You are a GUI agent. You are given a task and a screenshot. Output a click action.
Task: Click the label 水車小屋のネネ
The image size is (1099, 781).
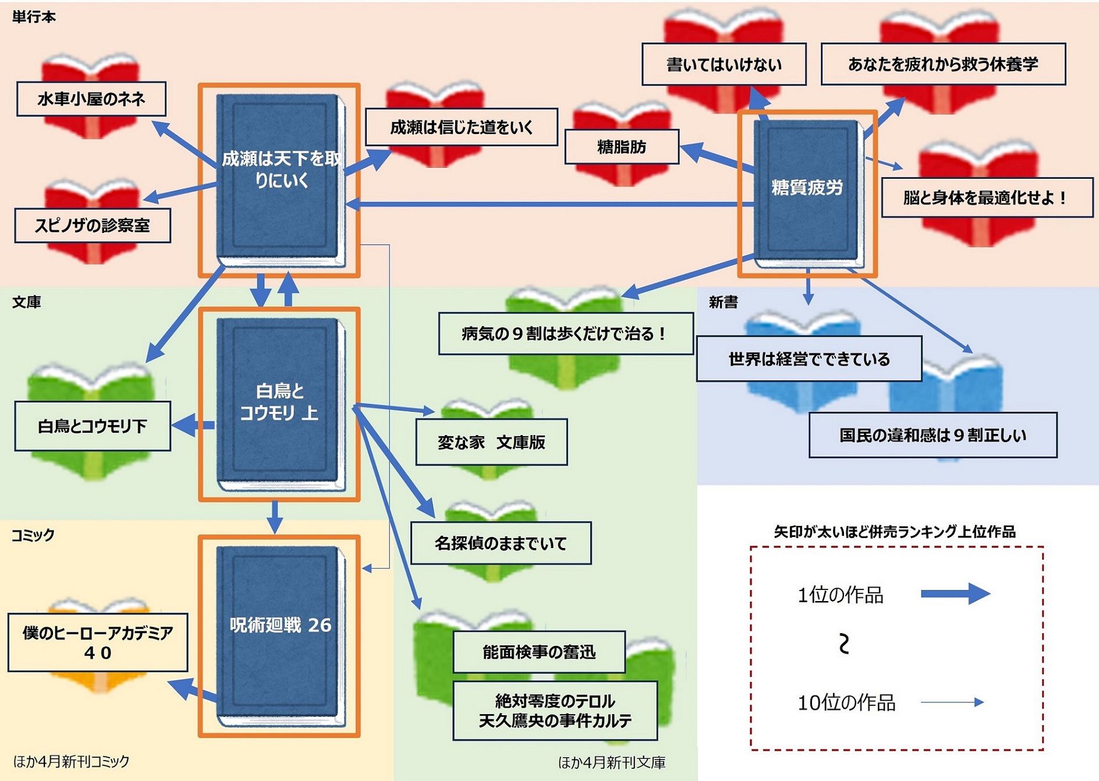pyautogui.click(x=91, y=99)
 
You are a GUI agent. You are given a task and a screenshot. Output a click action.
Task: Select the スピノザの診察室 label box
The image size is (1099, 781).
pyautogui.click(x=93, y=225)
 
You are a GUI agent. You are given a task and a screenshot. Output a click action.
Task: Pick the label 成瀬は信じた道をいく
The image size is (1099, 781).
pyautogui.click(x=461, y=127)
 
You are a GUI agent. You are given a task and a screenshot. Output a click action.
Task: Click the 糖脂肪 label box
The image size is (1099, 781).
pyautogui.click(x=622, y=147)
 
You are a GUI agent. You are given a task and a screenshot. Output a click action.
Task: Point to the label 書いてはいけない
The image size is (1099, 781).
pyautogui.click(x=724, y=64)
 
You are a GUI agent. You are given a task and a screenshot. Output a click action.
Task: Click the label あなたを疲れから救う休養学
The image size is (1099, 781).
pyautogui.click(x=943, y=64)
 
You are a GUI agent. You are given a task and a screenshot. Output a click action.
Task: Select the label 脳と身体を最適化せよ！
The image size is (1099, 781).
pyautogui.click(x=987, y=197)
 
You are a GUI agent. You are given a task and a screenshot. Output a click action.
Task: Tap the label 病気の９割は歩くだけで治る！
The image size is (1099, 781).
pyautogui.click(x=565, y=334)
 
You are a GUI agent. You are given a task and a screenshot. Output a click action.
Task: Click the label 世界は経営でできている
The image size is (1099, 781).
pyautogui.click(x=809, y=359)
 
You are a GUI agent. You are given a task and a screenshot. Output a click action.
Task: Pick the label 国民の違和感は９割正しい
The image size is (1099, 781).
pyautogui.click(x=933, y=435)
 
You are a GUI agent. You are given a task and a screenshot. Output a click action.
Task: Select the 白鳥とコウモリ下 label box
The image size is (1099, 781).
pyautogui.click(x=93, y=426)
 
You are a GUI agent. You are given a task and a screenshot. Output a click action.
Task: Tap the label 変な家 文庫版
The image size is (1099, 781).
pyautogui.click(x=491, y=442)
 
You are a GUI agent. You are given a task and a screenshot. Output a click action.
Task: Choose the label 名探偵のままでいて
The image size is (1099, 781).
pyautogui.click(x=501, y=543)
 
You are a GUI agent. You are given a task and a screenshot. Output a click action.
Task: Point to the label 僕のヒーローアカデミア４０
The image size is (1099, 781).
pyautogui.click(x=98, y=642)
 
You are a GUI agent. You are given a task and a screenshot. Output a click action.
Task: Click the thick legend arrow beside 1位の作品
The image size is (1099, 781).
pyautogui.click(x=955, y=594)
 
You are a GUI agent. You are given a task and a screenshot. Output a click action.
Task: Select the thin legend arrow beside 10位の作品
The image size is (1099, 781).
pyautogui.click(x=952, y=702)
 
